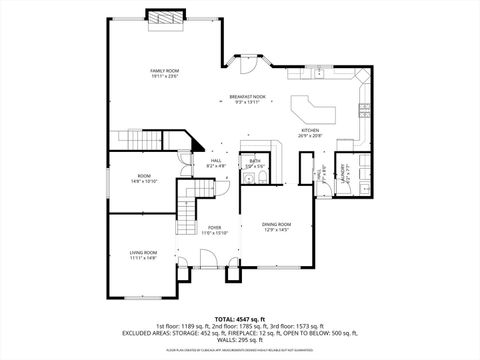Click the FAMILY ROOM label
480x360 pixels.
164,71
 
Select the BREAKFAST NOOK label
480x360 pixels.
246,97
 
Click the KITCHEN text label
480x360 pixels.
310,130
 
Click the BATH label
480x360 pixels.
255,160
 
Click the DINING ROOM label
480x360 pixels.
276,224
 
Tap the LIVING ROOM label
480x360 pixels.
144,253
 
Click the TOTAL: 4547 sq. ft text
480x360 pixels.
240,319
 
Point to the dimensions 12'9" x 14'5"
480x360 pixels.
276,231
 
